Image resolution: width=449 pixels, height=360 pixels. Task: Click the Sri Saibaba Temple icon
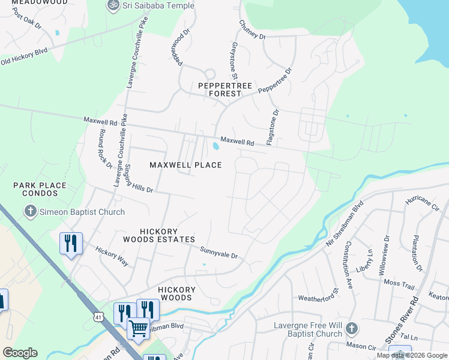pyautogui.click(x=112, y=5)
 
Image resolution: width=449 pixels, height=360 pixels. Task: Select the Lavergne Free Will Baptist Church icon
pyautogui.click(x=352, y=328)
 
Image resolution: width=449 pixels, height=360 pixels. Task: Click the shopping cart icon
pyautogui.click(x=139, y=328)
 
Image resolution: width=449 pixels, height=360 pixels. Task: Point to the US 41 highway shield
pyautogui.click(x=97, y=316)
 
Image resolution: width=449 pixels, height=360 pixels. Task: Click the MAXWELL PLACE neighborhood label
pyautogui.click(x=185, y=165)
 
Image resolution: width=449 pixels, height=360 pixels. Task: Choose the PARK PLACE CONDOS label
pyautogui.click(x=40, y=190)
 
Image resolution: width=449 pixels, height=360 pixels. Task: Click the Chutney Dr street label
pyautogui.click(x=252, y=29)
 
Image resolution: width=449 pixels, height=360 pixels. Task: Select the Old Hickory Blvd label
pyautogui.click(x=24, y=56)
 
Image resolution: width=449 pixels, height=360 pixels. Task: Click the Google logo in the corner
pyautogui.click(x=20, y=353)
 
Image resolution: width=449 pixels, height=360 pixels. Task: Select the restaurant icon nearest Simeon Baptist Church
pyautogui.click(x=71, y=243)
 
